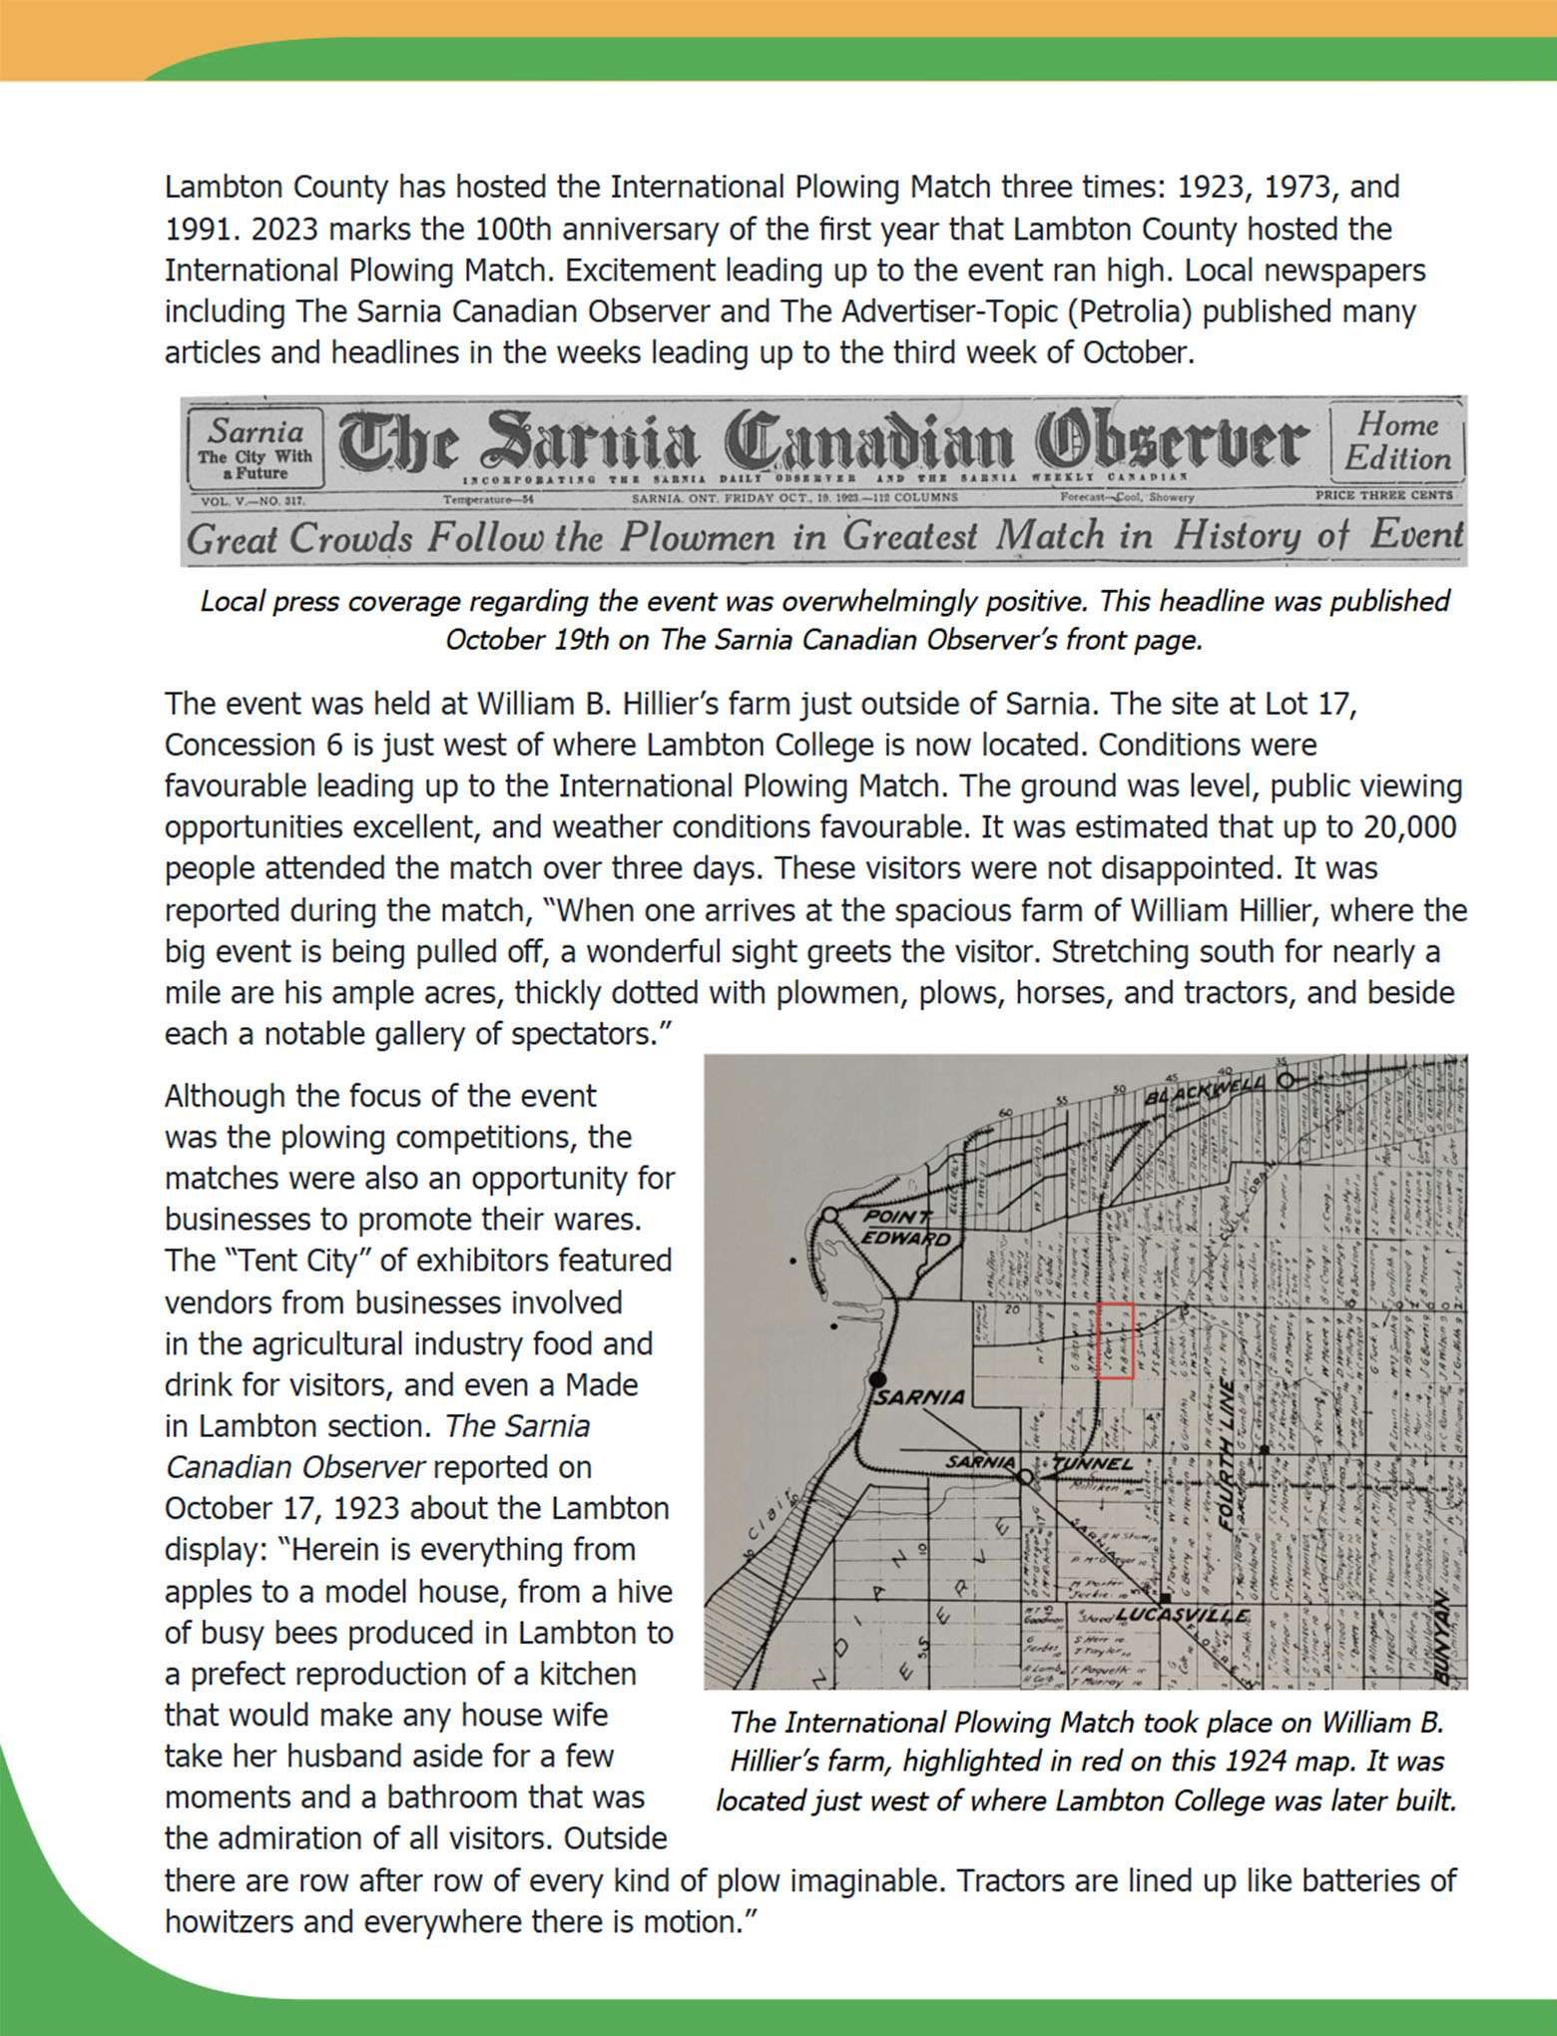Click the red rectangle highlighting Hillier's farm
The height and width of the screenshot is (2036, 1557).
point(1115,1340)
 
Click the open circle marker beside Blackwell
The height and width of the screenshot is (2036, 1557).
point(1287,1080)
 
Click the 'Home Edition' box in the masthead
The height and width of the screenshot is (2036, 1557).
point(1396,442)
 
